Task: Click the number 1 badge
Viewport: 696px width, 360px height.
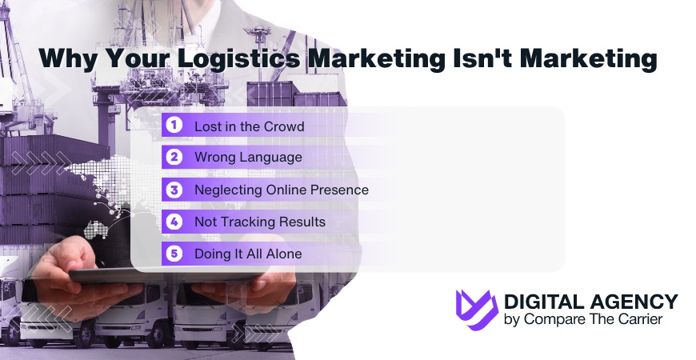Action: (174, 126)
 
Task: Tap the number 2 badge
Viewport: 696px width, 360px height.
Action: (174, 158)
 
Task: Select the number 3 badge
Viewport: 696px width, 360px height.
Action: (174, 190)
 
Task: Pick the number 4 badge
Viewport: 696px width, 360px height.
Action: (174, 222)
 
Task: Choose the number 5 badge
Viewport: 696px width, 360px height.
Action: (174, 254)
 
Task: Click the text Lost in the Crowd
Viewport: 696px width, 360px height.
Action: (249, 126)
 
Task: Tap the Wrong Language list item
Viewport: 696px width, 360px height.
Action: (248, 158)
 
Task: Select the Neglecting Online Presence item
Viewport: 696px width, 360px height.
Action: (281, 190)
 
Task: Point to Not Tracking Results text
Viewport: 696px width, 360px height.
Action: (260, 222)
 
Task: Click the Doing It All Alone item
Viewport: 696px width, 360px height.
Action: (248, 254)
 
